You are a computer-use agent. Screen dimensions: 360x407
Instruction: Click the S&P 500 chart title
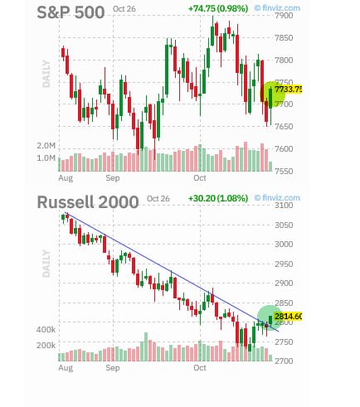click(x=71, y=12)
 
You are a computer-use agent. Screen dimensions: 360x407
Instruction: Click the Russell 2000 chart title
click(x=88, y=202)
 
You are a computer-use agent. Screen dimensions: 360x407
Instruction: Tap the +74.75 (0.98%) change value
click(x=218, y=8)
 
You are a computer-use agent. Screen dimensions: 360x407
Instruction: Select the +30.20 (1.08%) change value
click(x=218, y=198)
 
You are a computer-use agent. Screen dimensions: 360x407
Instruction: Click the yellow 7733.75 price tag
click(x=288, y=90)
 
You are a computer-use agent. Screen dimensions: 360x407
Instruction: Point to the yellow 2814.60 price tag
click(x=288, y=317)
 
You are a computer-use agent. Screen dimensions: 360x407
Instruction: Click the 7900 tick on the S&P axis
click(x=284, y=16)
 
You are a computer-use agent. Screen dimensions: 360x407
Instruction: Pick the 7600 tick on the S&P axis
click(x=284, y=149)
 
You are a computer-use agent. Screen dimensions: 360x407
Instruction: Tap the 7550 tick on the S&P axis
click(x=284, y=171)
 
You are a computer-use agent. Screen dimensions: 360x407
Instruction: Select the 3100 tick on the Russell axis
click(x=284, y=206)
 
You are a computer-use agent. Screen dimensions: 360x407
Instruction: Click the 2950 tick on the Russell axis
click(x=284, y=264)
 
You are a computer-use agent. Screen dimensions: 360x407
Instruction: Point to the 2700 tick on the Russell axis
click(x=284, y=361)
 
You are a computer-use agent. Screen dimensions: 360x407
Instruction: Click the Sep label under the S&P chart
click(x=113, y=178)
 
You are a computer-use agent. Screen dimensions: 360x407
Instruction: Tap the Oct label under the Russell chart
click(x=200, y=368)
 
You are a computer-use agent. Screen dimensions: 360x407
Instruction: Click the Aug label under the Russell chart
click(x=66, y=368)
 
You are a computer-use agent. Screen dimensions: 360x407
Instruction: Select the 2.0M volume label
click(x=46, y=146)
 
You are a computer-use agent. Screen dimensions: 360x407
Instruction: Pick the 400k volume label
click(x=46, y=330)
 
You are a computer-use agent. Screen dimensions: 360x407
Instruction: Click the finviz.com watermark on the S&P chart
click(x=277, y=8)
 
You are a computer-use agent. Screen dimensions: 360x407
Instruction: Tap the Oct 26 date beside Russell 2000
click(x=158, y=199)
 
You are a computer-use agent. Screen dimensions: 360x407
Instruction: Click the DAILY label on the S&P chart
click(x=46, y=74)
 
